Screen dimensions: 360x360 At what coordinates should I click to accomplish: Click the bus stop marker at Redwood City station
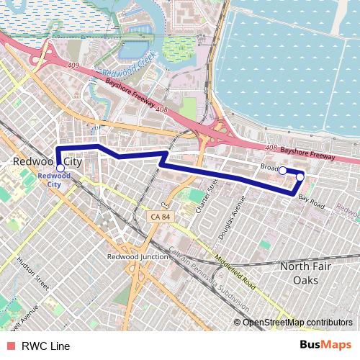coord(60,168)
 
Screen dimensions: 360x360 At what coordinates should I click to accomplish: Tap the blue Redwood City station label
coord(54,179)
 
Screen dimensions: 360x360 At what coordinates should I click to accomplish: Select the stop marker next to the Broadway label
coord(283,171)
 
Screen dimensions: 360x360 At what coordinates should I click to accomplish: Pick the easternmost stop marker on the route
coord(300,176)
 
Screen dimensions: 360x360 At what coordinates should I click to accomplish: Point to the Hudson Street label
coord(32,274)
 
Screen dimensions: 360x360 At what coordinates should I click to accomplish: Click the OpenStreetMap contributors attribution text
coord(296,322)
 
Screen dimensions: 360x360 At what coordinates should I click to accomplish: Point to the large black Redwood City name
coord(48,163)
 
